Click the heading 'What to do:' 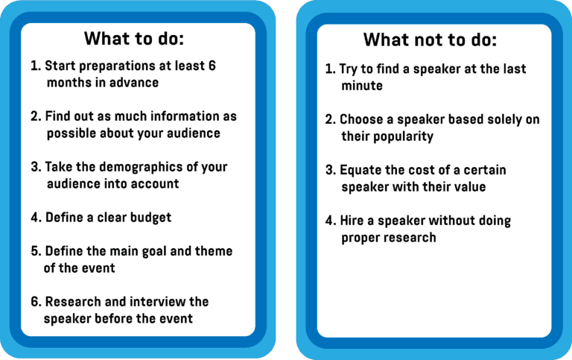click(134, 38)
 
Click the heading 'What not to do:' click(430, 40)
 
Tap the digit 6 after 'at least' click(212, 66)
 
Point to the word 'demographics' click(141, 167)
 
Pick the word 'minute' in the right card click(362, 86)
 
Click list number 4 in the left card click(36, 218)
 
